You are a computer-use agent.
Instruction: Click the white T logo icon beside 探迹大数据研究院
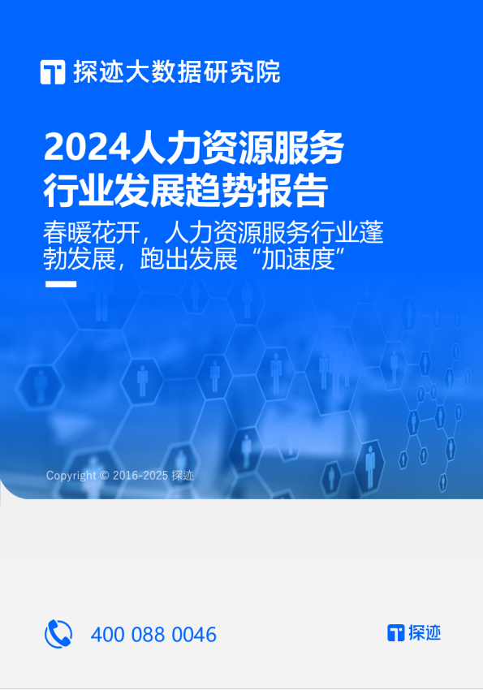pyautogui.click(x=53, y=72)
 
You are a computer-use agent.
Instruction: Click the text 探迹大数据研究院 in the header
pyautogui.click(x=176, y=72)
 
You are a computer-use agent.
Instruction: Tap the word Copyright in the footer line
pyautogui.click(x=71, y=476)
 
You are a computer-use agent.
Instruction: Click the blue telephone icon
pyautogui.click(x=58, y=633)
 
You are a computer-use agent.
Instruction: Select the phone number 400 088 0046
pyautogui.click(x=153, y=634)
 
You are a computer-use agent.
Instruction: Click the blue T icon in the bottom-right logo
pyautogui.click(x=395, y=633)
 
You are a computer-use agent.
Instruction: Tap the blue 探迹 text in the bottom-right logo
pyautogui.click(x=425, y=633)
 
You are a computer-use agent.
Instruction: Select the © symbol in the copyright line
pyautogui.click(x=104, y=476)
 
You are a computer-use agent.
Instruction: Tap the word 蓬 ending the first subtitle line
pyautogui.click(x=373, y=234)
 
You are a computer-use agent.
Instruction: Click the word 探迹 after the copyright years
pyautogui.click(x=183, y=476)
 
